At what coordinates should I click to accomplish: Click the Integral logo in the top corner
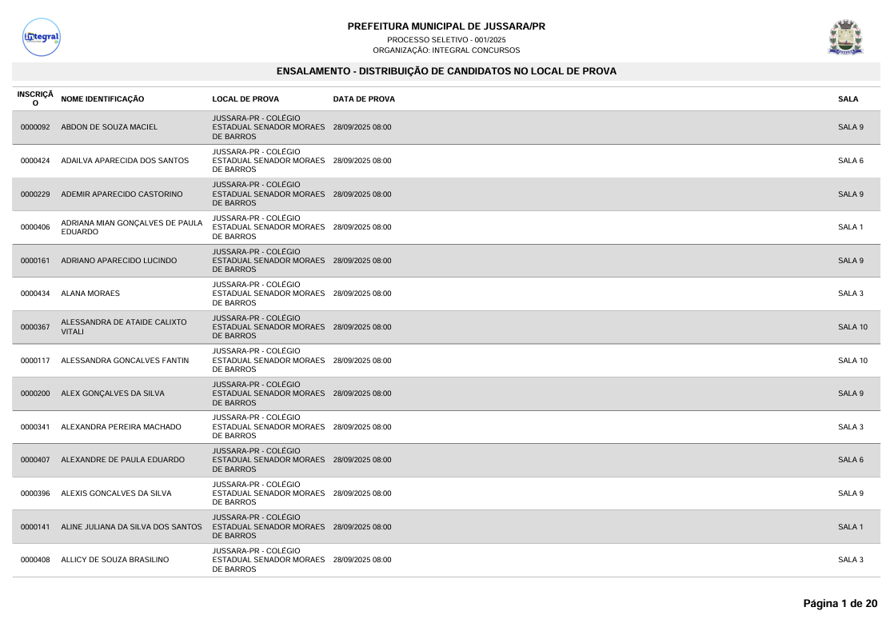tap(42, 37)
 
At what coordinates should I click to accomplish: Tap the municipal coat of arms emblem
tap(845, 37)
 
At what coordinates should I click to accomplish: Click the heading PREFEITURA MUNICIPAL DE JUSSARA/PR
tap(446, 26)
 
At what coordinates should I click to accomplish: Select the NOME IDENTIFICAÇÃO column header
tap(102, 99)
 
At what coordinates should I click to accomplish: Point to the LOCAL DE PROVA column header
tap(245, 99)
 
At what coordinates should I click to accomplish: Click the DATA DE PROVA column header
tap(363, 99)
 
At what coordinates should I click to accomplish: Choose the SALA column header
tap(848, 99)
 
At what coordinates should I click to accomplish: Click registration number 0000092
tap(35, 127)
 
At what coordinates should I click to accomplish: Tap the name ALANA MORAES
tap(90, 294)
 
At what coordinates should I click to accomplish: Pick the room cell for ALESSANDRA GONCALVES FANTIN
tap(852, 361)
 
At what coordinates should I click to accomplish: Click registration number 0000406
tap(35, 227)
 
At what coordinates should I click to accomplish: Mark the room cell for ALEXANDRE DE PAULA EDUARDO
tap(850, 460)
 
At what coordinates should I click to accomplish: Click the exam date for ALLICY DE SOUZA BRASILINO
tap(361, 560)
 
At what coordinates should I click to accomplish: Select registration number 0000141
tap(35, 526)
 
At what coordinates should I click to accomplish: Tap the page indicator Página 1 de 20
tap(840, 603)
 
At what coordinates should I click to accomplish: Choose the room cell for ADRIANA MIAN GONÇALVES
tap(850, 227)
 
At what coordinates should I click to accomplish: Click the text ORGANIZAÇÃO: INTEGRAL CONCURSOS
tap(446, 50)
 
